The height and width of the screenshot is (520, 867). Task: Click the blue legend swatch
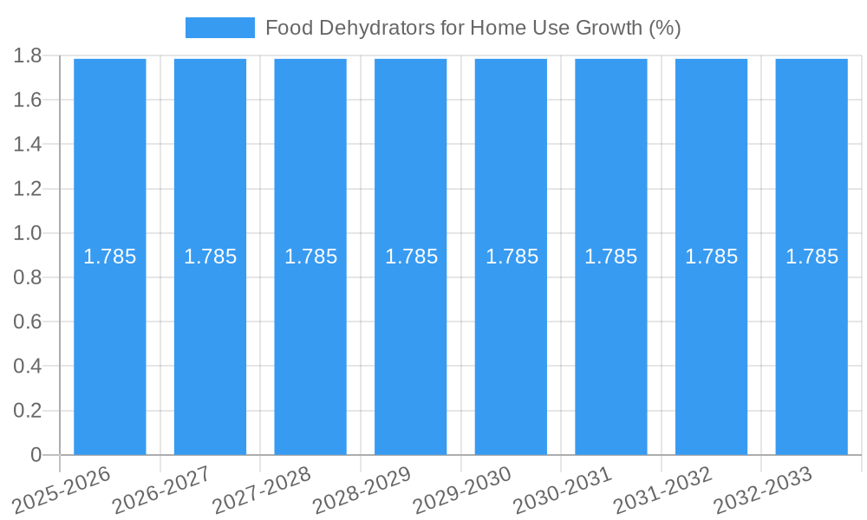point(219,28)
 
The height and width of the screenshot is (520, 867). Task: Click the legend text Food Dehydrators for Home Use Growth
point(473,28)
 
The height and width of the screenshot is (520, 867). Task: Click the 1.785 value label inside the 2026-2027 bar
point(210,257)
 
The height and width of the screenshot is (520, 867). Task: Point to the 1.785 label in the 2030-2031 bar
point(611,257)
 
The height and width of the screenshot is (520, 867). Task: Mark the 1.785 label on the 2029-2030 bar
point(512,257)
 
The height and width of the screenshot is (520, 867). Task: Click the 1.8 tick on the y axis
point(28,55)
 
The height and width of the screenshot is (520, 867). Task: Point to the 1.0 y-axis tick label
point(28,233)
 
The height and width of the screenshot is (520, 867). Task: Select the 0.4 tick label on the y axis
point(28,367)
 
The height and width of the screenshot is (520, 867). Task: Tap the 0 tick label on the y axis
point(36,455)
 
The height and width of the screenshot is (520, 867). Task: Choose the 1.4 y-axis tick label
point(28,145)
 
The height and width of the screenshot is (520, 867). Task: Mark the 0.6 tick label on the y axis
point(28,322)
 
